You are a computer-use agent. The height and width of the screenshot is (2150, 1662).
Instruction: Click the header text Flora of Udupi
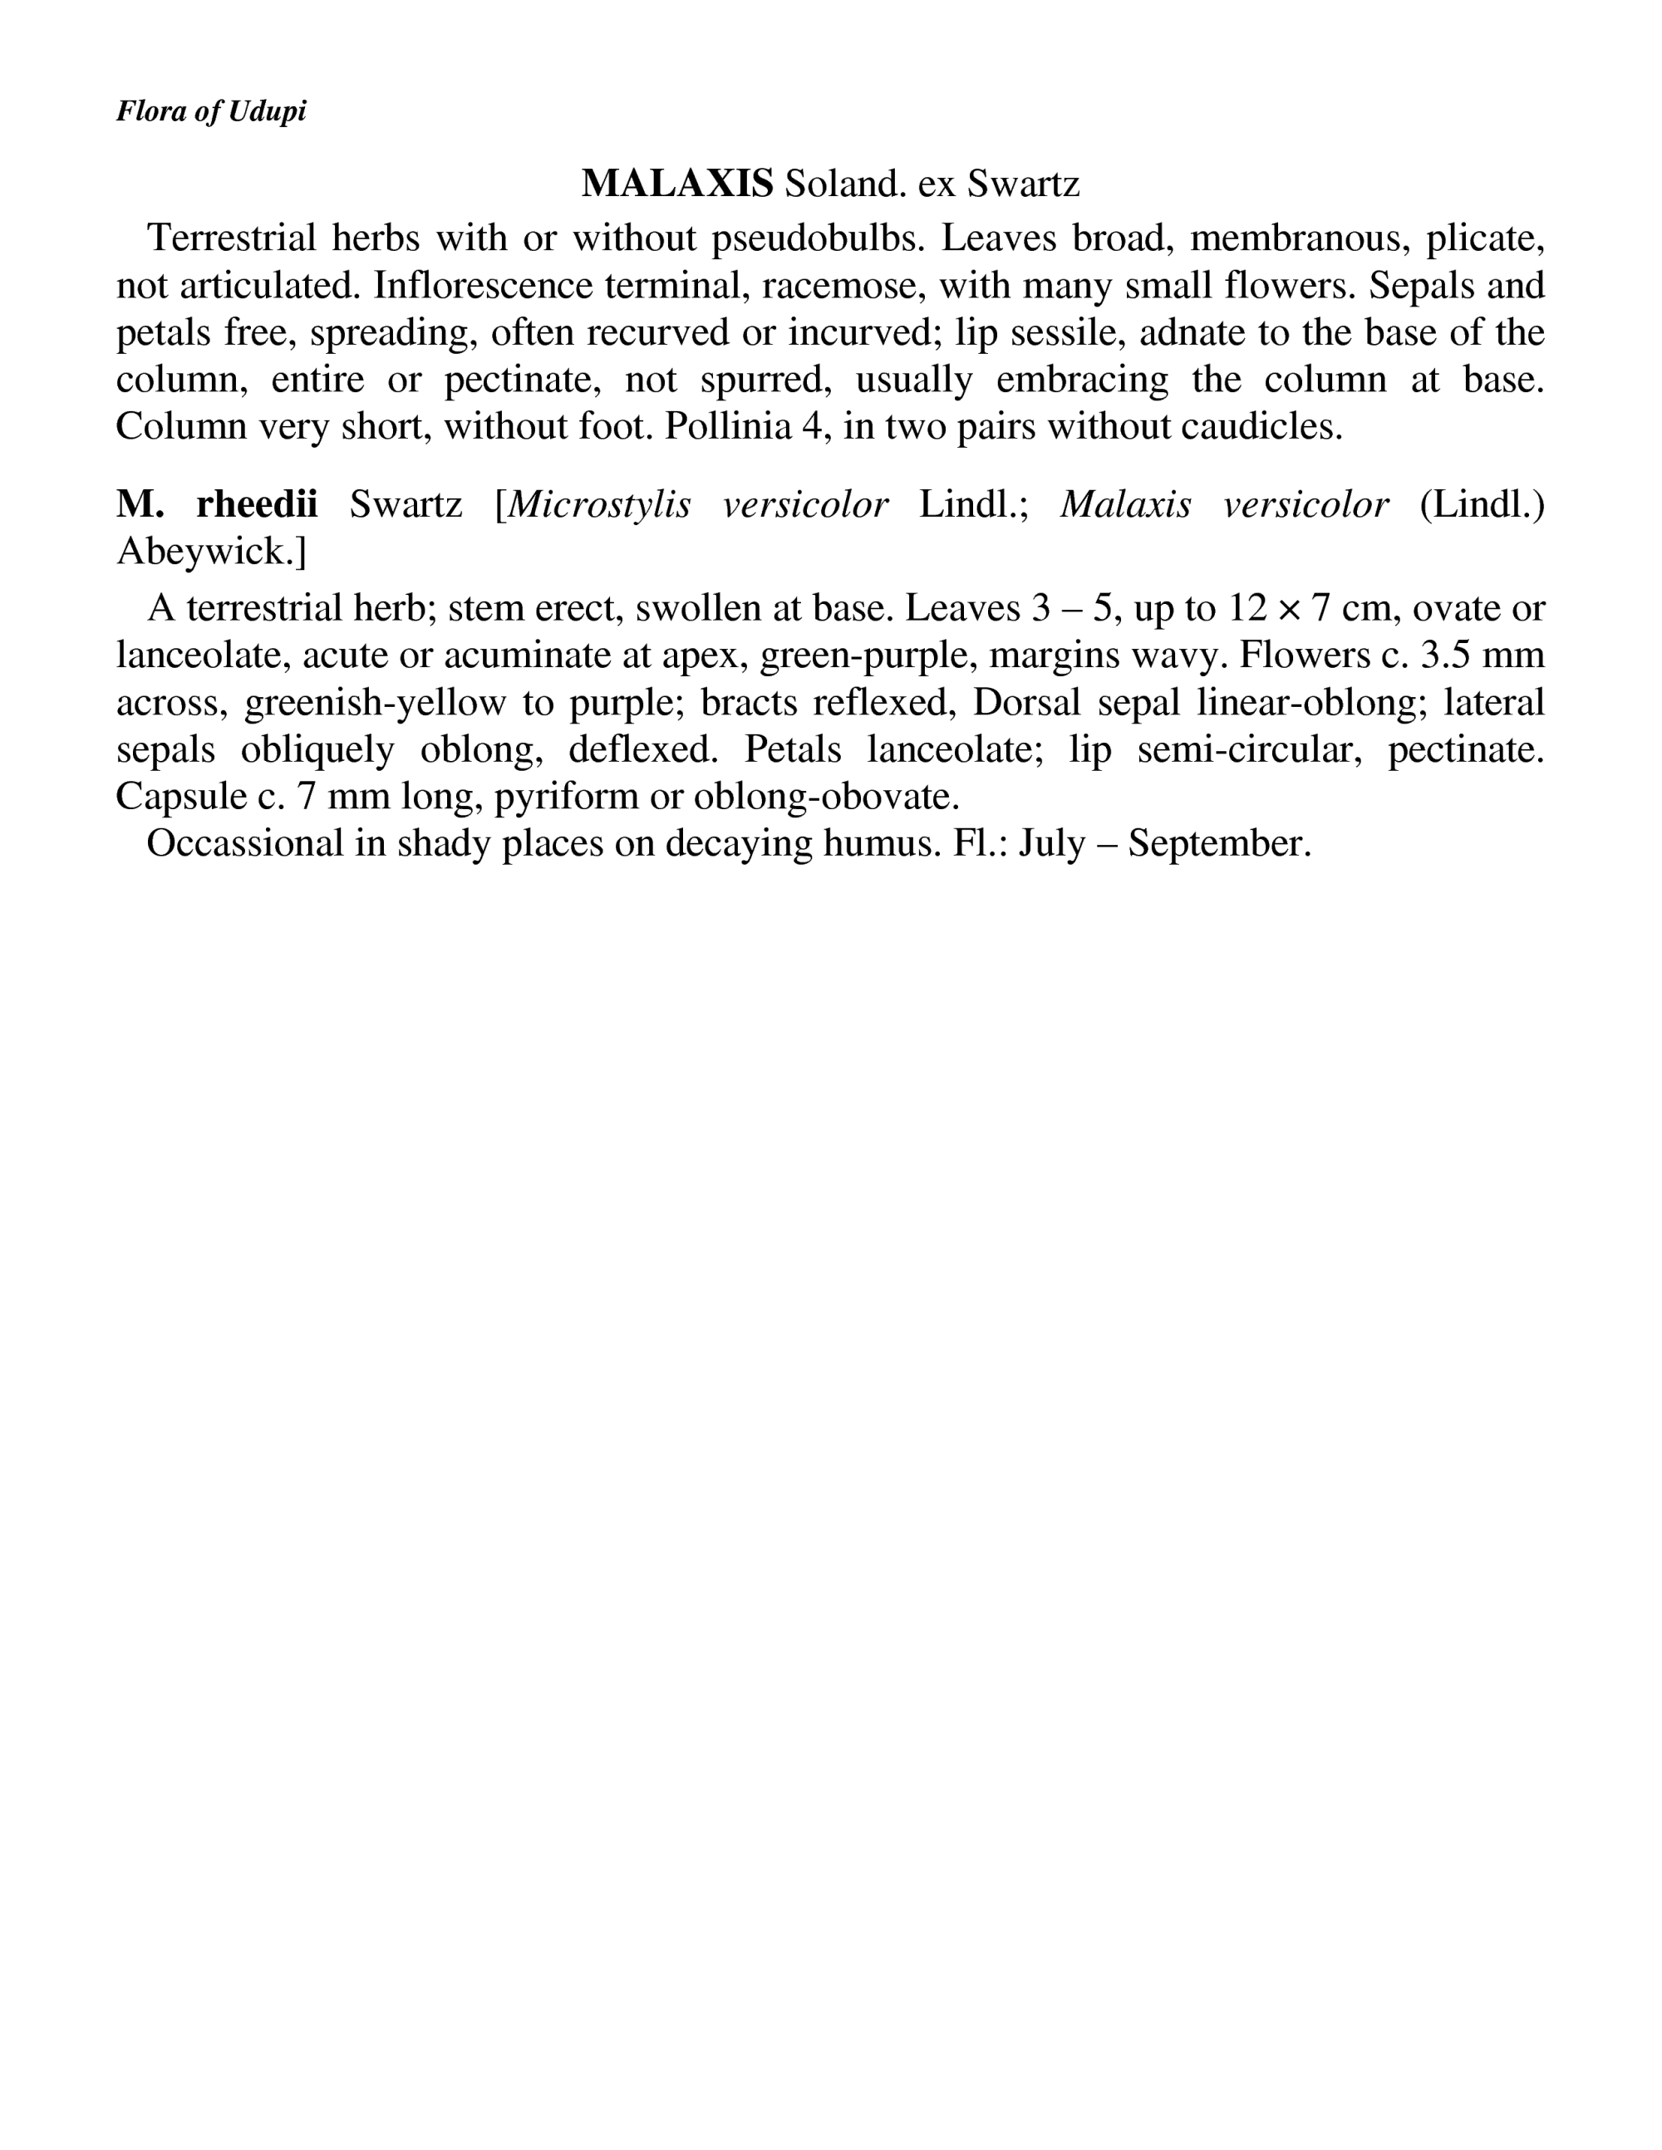pyautogui.click(x=211, y=111)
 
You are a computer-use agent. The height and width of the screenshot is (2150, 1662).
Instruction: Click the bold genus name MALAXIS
pyautogui.click(x=676, y=183)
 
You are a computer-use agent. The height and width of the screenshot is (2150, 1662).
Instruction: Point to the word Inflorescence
pyautogui.click(x=484, y=286)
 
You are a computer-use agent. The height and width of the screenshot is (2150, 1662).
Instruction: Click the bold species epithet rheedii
pyautogui.click(x=257, y=505)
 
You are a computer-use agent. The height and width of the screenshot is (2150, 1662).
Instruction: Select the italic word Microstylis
pyautogui.click(x=598, y=505)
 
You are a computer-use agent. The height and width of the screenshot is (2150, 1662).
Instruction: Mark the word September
pyautogui.click(x=1219, y=844)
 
